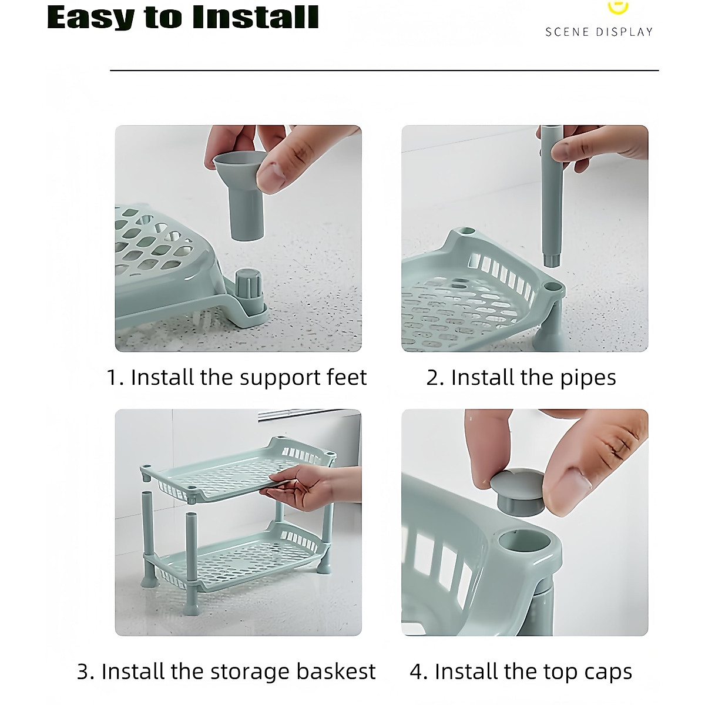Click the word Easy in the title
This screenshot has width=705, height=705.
(90, 18)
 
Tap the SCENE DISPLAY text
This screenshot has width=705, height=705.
(599, 32)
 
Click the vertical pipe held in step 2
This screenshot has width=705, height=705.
(551, 194)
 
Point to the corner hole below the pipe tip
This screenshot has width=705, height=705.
(553, 287)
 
